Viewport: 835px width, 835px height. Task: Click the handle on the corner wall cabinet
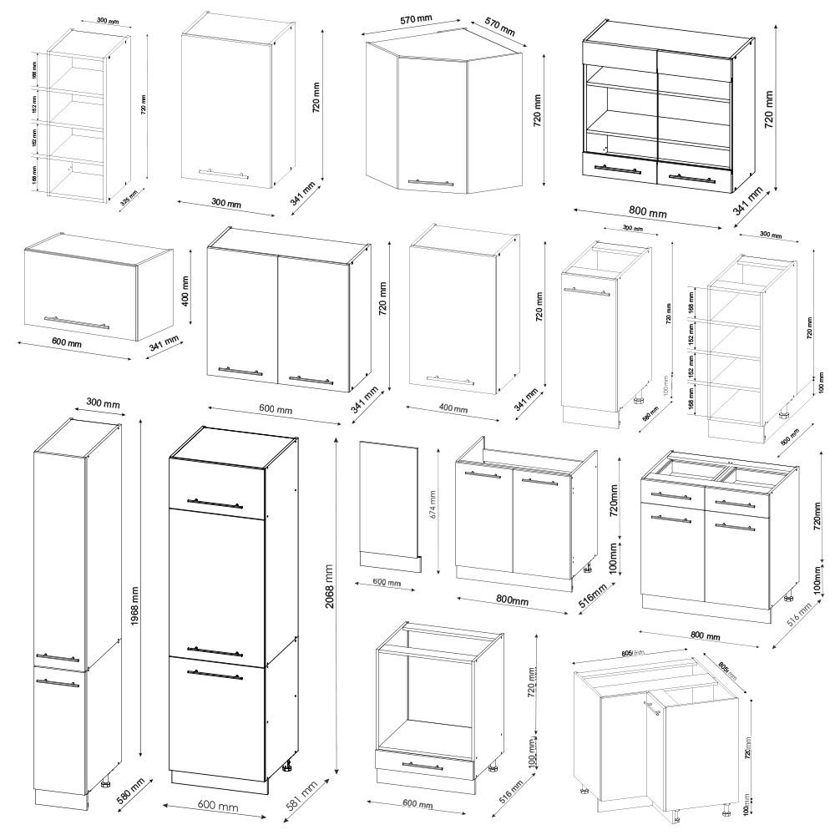tap(430, 181)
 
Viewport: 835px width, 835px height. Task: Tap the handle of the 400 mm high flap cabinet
tap(76, 322)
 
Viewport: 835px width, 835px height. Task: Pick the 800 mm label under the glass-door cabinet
tap(647, 213)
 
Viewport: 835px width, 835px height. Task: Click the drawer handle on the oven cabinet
tap(423, 765)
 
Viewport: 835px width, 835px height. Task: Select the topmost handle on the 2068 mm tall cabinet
tap(215, 503)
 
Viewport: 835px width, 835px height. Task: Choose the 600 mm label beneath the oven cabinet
tap(417, 804)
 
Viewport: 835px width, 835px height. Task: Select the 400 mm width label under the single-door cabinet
tap(453, 408)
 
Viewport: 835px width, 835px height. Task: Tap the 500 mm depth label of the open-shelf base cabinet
tap(788, 437)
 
